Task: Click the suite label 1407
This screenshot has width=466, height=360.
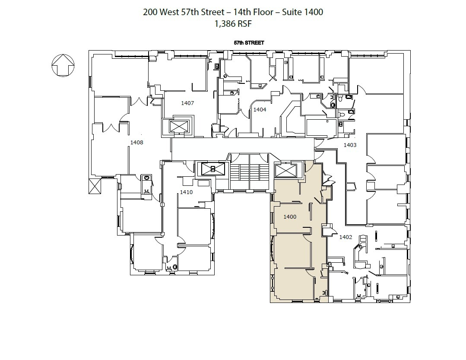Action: pyautogui.click(x=187, y=103)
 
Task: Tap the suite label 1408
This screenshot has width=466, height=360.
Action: pyautogui.click(x=137, y=142)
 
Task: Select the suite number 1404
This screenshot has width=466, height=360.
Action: pyautogui.click(x=260, y=110)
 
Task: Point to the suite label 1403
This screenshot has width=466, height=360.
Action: pyautogui.click(x=350, y=145)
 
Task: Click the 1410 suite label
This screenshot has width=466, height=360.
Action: pyautogui.click(x=186, y=192)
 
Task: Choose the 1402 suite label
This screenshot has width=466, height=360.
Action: pyautogui.click(x=346, y=237)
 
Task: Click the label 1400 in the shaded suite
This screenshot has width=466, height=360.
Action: pyautogui.click(x=290, y=217)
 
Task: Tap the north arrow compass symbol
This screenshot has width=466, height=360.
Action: pyautogui.click(x=63, y=65)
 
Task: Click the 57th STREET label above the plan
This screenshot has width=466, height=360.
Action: pyautogui.click(x=249, y=43)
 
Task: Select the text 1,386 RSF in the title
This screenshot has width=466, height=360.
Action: pyautogui.click(x=233, y=24)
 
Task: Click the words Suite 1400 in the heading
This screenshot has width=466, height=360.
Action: pyautogui.click(x=303, y=12)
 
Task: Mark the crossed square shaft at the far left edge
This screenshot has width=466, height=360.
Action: pyautogui.click(x=95, y=186)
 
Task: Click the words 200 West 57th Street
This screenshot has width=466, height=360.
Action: pyautogui.click(x=184, y=12)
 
